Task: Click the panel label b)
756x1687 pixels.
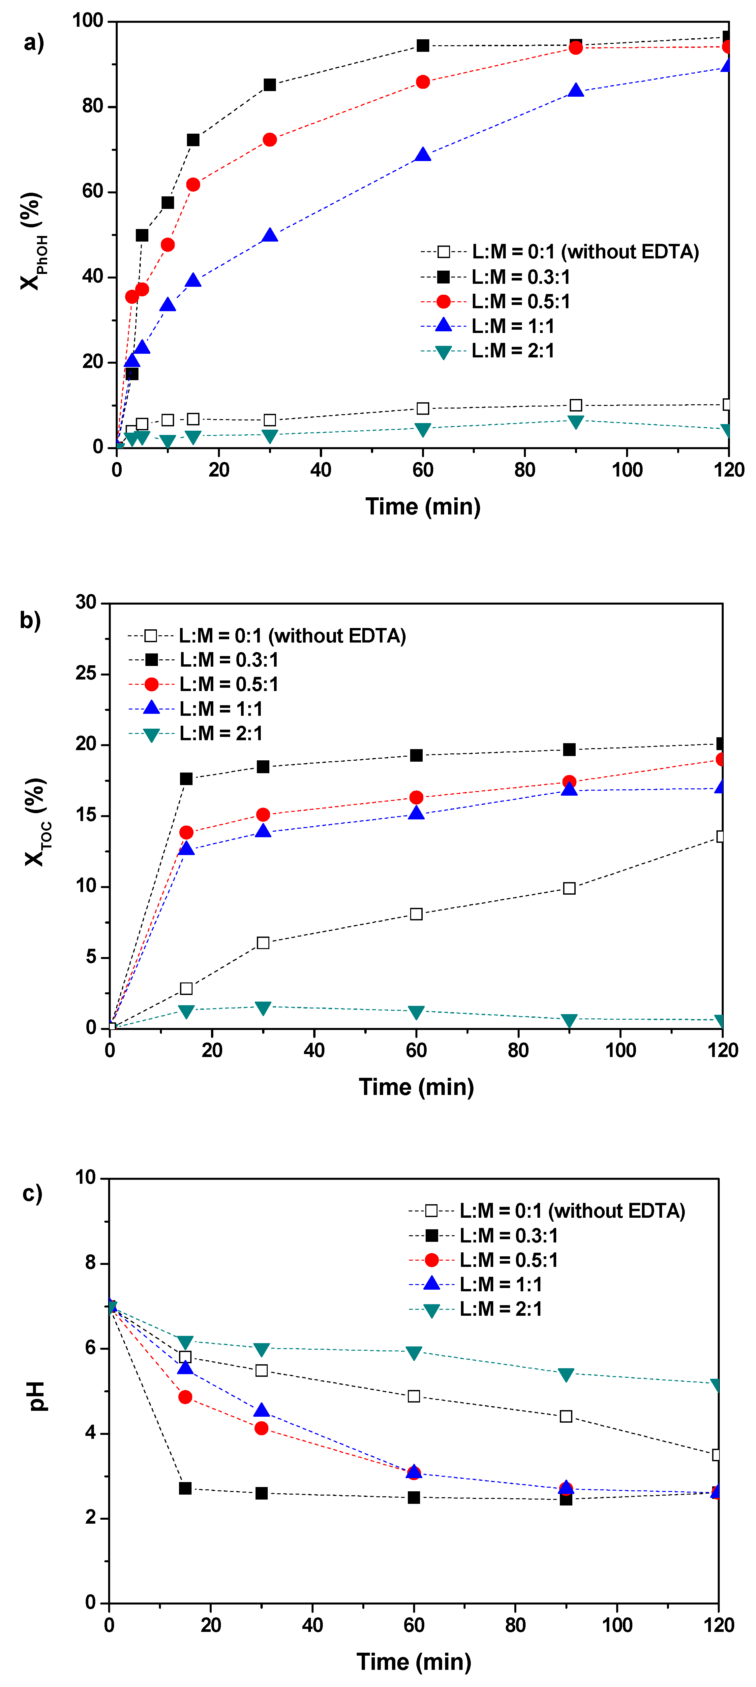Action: [x=30, y=619]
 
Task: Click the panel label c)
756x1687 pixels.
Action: [x=32, y=1193]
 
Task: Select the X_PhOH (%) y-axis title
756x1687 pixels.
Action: [x=33, y=241]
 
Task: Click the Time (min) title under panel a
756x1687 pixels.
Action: [x=423, y=506]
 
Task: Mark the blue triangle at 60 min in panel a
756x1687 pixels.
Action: [x=423, y=155]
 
